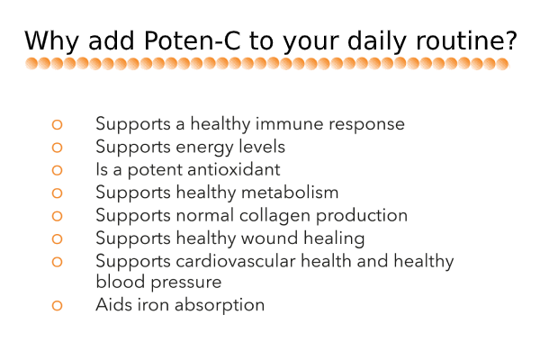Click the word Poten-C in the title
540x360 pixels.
192,40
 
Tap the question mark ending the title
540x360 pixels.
512,40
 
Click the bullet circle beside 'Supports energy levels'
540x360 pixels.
58,148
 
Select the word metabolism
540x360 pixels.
290,193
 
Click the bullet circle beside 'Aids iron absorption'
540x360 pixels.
58,306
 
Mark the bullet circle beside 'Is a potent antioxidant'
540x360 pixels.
58,170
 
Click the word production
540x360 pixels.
362,216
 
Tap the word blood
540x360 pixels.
121,282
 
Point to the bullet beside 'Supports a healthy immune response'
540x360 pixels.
58,124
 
